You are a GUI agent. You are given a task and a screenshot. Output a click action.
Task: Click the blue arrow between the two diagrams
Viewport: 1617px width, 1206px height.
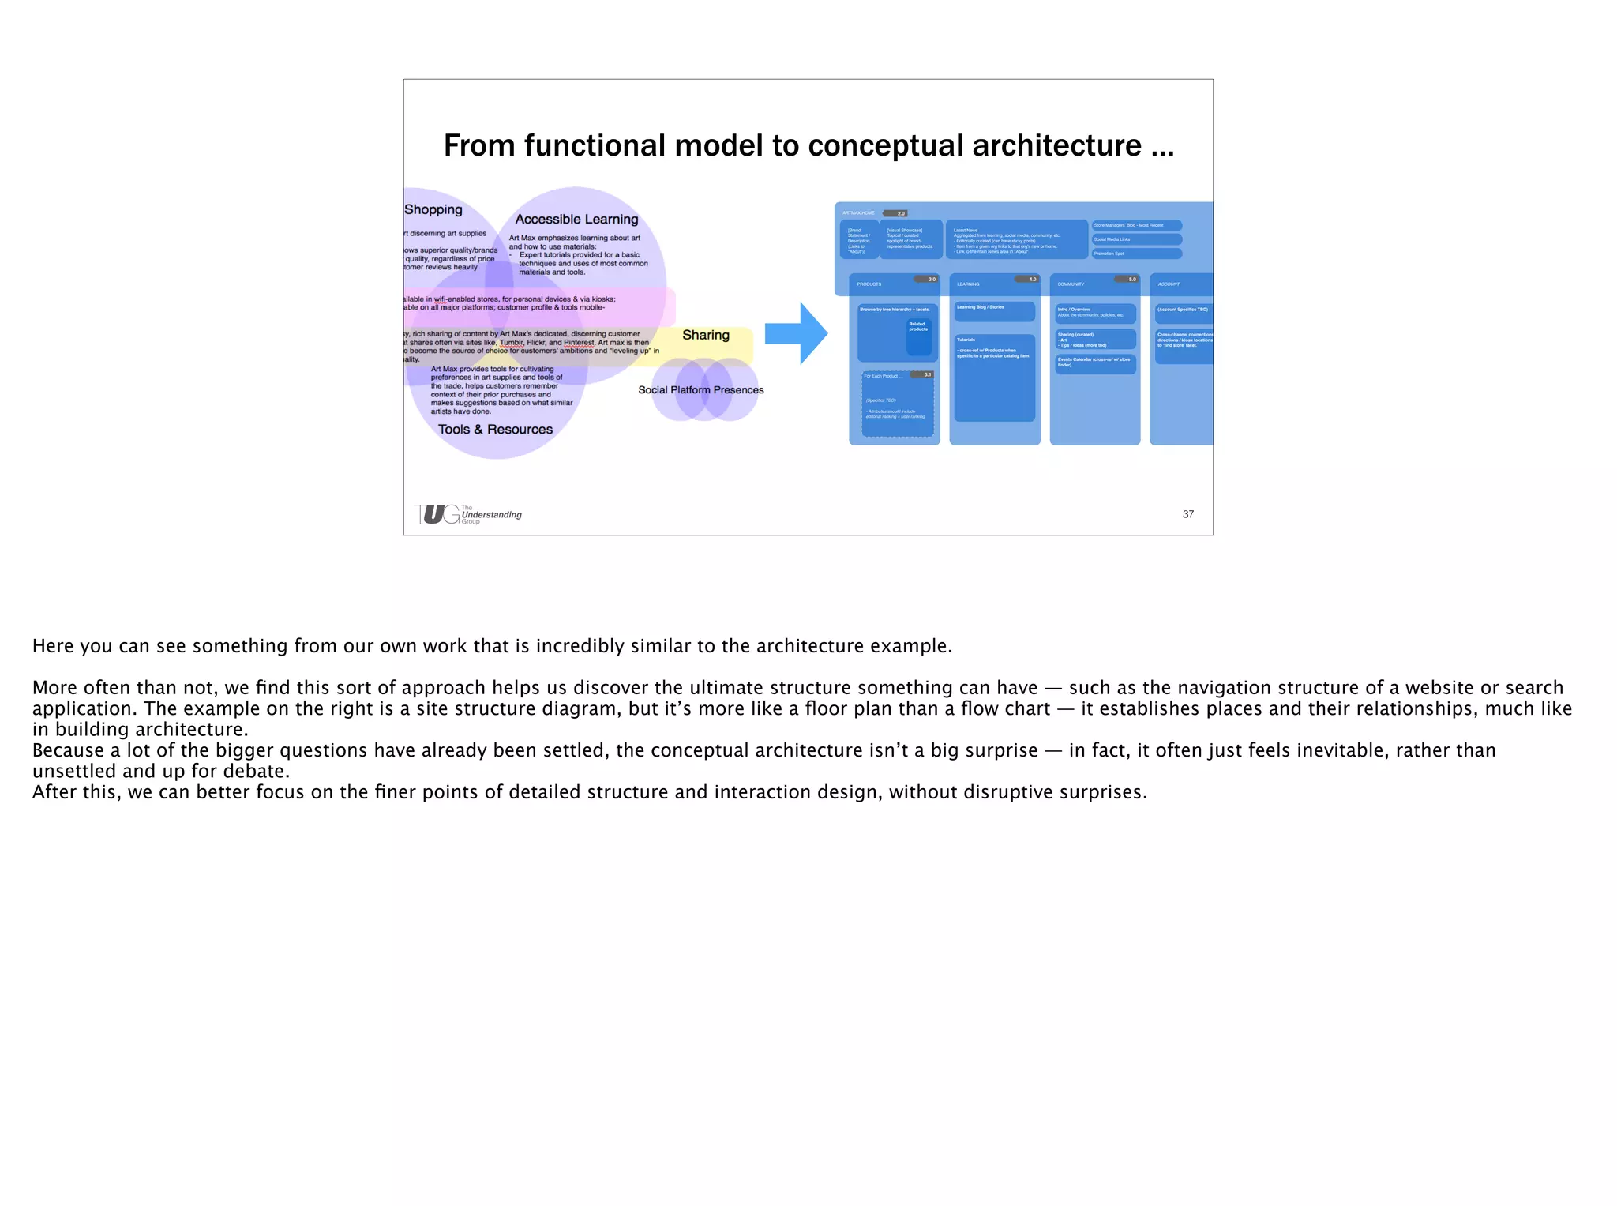(x=796, y=333)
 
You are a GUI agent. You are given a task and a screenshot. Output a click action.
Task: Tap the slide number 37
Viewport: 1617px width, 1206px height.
(x=1187, y=514)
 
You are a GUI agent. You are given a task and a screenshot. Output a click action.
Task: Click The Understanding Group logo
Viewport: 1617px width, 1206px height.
(x=467, y=514)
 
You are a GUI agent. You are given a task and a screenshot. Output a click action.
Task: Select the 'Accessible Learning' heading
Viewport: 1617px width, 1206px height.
(x=576, y=220)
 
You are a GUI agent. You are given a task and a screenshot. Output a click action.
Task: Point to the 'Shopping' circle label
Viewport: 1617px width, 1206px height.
(x=433, y=209)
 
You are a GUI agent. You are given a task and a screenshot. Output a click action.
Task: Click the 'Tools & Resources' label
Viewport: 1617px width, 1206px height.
(x=495, y=430)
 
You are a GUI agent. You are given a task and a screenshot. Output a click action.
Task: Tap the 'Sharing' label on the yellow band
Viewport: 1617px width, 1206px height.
(x=706, y=335)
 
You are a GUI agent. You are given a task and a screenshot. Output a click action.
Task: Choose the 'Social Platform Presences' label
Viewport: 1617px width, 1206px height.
(x=701, y=390)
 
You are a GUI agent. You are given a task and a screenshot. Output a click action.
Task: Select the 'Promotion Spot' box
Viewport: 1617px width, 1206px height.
(x=1136, y=254)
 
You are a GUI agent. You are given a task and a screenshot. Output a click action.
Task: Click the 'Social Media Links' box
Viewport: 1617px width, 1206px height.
(x=1136, y=239)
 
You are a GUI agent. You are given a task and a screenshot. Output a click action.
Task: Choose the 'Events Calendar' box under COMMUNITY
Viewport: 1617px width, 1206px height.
(x=1095, y=363)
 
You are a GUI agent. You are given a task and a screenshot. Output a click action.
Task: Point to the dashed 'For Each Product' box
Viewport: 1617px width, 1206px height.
(x=898, y=404)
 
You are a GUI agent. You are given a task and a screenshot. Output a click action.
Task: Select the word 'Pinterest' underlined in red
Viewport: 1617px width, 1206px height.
(x=579, y=343)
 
